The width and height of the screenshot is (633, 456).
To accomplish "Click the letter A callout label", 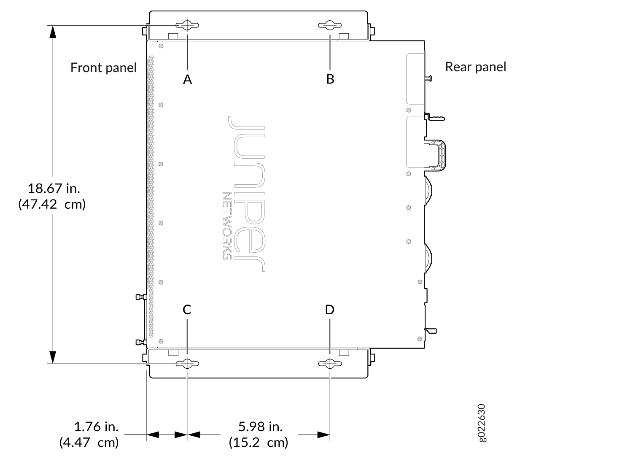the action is pyautogui.click(x=187, y=79).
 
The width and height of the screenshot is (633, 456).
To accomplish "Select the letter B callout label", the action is pyautogui.click(x=330, y=79).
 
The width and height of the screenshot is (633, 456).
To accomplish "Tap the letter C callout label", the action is pyautogui.click(x=187, y=310).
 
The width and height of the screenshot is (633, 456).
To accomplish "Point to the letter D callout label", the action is pyautogui.click(x=330, y=310).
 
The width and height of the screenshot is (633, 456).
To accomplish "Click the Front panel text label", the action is pyautogui.click(x=103, y=68).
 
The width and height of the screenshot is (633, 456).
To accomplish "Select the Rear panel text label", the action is pyautogui.click(x=476, y=67).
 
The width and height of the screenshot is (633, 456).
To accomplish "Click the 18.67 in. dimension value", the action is pyautogui.click(x=54, y=188).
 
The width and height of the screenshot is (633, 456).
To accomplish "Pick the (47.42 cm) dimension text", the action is pyautogui.click(x=52, y=204).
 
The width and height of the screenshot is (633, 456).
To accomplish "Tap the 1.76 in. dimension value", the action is pyautogui.click(x=96, y=426).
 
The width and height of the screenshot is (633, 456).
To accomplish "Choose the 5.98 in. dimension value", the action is pyautogui.click(x=260, y=426).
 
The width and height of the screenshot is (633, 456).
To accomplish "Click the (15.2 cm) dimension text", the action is pyautogui.click(x=259, y=443).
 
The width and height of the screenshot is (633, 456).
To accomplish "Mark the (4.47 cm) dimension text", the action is pyautogui.click(x=89, y=443).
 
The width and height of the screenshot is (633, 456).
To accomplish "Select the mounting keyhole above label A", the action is pyautogui.click(x=187, y=25).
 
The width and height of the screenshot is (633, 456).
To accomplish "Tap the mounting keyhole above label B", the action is pyautogui.click(x=330, y=25).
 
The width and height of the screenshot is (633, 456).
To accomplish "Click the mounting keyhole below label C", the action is pyautogui.click(x=187, y=364).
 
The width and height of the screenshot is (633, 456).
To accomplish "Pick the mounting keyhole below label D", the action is pyautogui.click(x=330, y=364).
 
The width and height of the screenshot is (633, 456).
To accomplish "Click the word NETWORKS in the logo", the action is pyautogui.click(x=227, y=226).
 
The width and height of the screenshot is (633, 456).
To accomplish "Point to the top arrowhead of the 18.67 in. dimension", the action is pyautogui.click(x=53, y=32).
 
